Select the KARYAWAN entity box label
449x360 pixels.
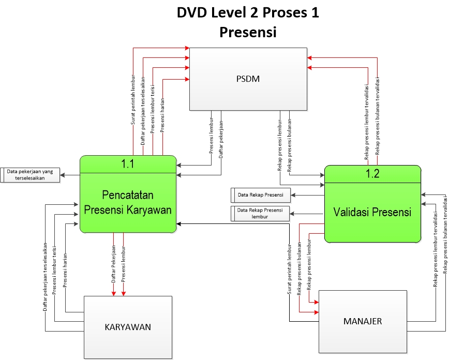click(128, 326)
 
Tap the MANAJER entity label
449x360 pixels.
click(362, 321)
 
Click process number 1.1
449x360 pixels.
click(128, 164)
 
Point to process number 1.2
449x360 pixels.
click(372, 174)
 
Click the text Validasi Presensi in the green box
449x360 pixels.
click(372, 212)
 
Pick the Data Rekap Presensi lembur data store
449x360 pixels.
click(260, 214)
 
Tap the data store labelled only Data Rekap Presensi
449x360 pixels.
click(260, 196)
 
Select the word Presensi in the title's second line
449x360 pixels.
click(248, 32)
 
